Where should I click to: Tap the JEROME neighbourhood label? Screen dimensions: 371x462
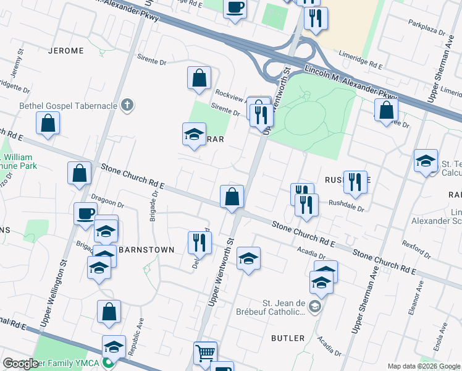click(x=65, y=50)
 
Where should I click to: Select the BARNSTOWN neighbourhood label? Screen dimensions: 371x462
click(x=146, y=249)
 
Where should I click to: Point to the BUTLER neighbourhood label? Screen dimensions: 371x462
click(x=288, y=338)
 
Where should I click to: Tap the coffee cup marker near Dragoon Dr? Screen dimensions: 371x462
click(x=85, y=214)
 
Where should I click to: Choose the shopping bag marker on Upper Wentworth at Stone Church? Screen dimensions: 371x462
click(x=232, y=197)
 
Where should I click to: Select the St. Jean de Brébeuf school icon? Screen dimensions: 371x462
click(x=315, y=307)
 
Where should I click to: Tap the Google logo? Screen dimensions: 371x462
click(x=20, y=364)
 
